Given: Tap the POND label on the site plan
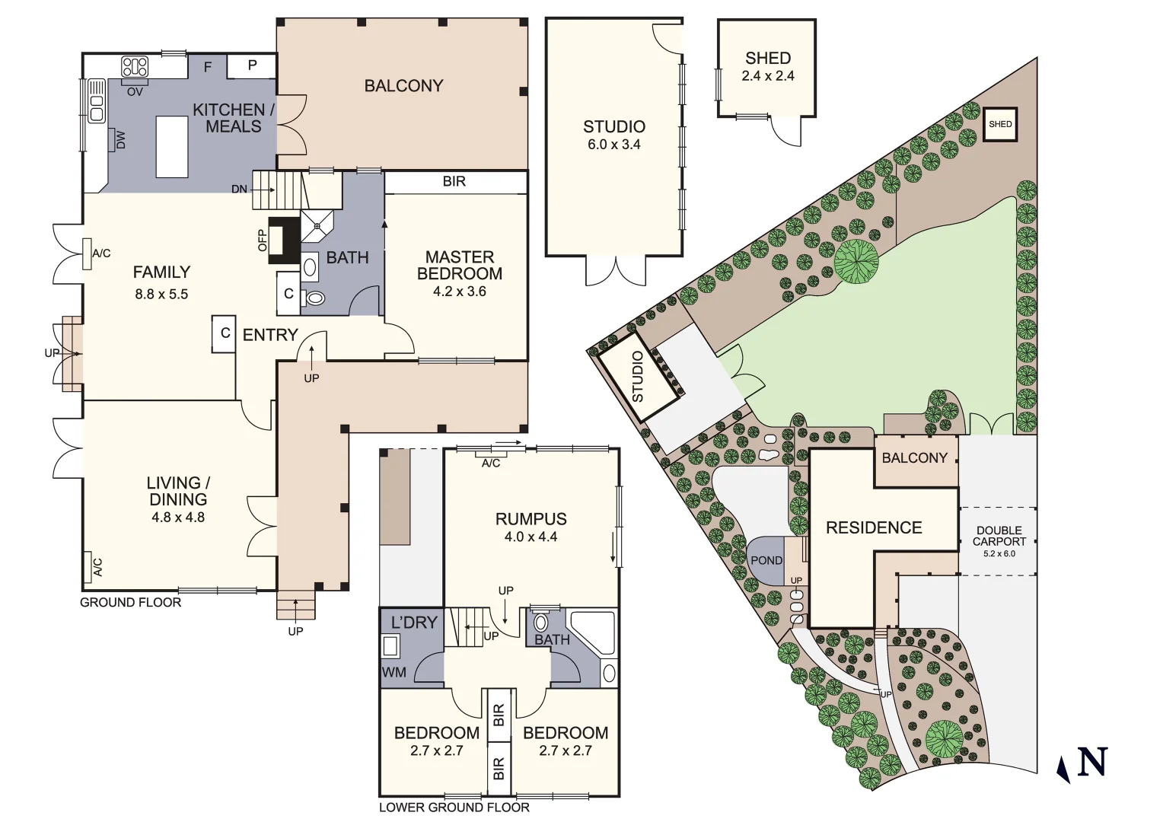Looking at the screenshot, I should coord(766,560).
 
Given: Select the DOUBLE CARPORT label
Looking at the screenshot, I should coord(999,536).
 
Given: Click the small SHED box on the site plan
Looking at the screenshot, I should coord(999,124).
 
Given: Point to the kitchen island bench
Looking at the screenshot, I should coord(172,146).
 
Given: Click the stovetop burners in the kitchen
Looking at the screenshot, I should coord(135,67).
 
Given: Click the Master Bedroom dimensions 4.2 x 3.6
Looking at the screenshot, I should coord(459,292).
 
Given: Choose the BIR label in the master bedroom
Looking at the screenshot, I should coord(454,182).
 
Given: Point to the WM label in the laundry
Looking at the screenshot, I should coord(394,673).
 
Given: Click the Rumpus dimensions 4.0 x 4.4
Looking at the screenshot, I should coord(531,537).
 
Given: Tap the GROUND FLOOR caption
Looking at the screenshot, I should coord(131,603).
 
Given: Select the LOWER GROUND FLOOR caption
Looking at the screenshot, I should coord(454,808).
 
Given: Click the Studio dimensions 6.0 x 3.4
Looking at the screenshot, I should coord(613,145).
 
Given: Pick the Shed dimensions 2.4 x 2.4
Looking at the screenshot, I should coord(767,76).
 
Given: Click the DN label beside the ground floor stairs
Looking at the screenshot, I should coord(239,189).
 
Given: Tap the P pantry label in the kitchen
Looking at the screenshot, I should coord(252,65).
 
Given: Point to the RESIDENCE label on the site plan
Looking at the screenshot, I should coord(873,527).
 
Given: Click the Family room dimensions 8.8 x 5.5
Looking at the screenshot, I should coord(161,294).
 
